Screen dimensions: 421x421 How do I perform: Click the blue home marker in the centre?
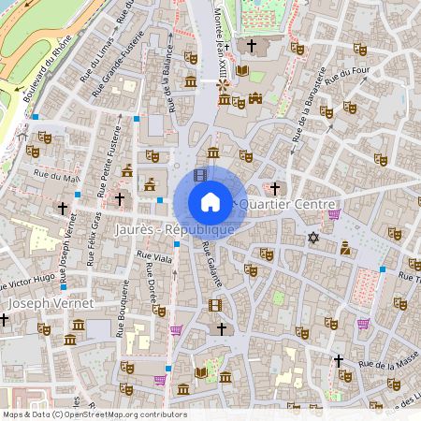tap(210, 202)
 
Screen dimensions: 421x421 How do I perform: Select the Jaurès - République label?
tap(174, 229)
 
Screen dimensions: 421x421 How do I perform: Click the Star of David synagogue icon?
tap(312, 239)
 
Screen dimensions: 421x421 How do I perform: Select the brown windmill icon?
tap(223, 85)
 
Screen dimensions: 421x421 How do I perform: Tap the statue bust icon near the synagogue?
tap(345, 248)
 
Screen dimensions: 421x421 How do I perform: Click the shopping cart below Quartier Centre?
tap(334, 214)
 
